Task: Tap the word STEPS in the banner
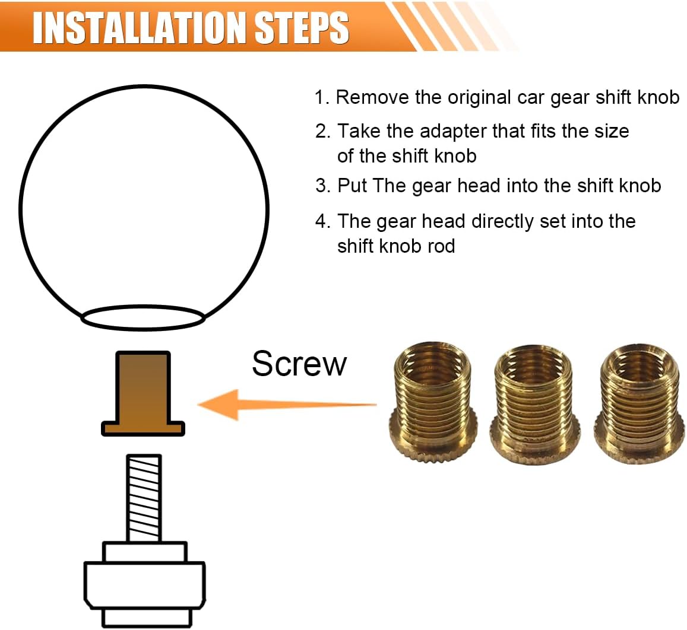point(302,28)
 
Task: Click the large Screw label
point(299,364)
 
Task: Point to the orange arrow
point(287,405)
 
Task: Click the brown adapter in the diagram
point(143,393)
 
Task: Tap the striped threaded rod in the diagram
point(144,498)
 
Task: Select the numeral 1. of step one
point(322,98)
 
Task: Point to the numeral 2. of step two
point(323,131)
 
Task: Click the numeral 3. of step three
point(323,186)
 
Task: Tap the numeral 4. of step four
point(323,221)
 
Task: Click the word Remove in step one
point(372,98)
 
